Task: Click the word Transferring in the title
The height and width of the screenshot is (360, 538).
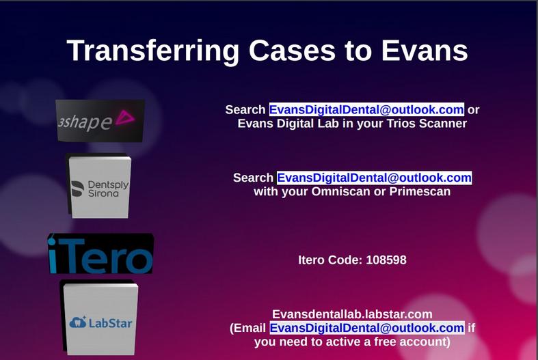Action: [x=153, y=51]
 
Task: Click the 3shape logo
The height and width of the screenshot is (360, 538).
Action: [x=100, y=121]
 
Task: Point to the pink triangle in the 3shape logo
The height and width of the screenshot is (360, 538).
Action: [x=125, y=118]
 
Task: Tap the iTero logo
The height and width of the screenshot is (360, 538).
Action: [x=100, y=255]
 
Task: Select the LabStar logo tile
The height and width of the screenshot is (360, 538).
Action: [x=100, y=319]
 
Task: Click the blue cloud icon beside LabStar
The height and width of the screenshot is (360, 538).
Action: [x=79, y=321]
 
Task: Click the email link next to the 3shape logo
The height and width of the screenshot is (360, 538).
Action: [x=366, y=110]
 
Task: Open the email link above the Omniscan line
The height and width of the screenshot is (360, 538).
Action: [x=374, y=178]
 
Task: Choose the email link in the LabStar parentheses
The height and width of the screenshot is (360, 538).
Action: [x=366, y=328]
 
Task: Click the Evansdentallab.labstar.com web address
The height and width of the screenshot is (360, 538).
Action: [x=352, y=314]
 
